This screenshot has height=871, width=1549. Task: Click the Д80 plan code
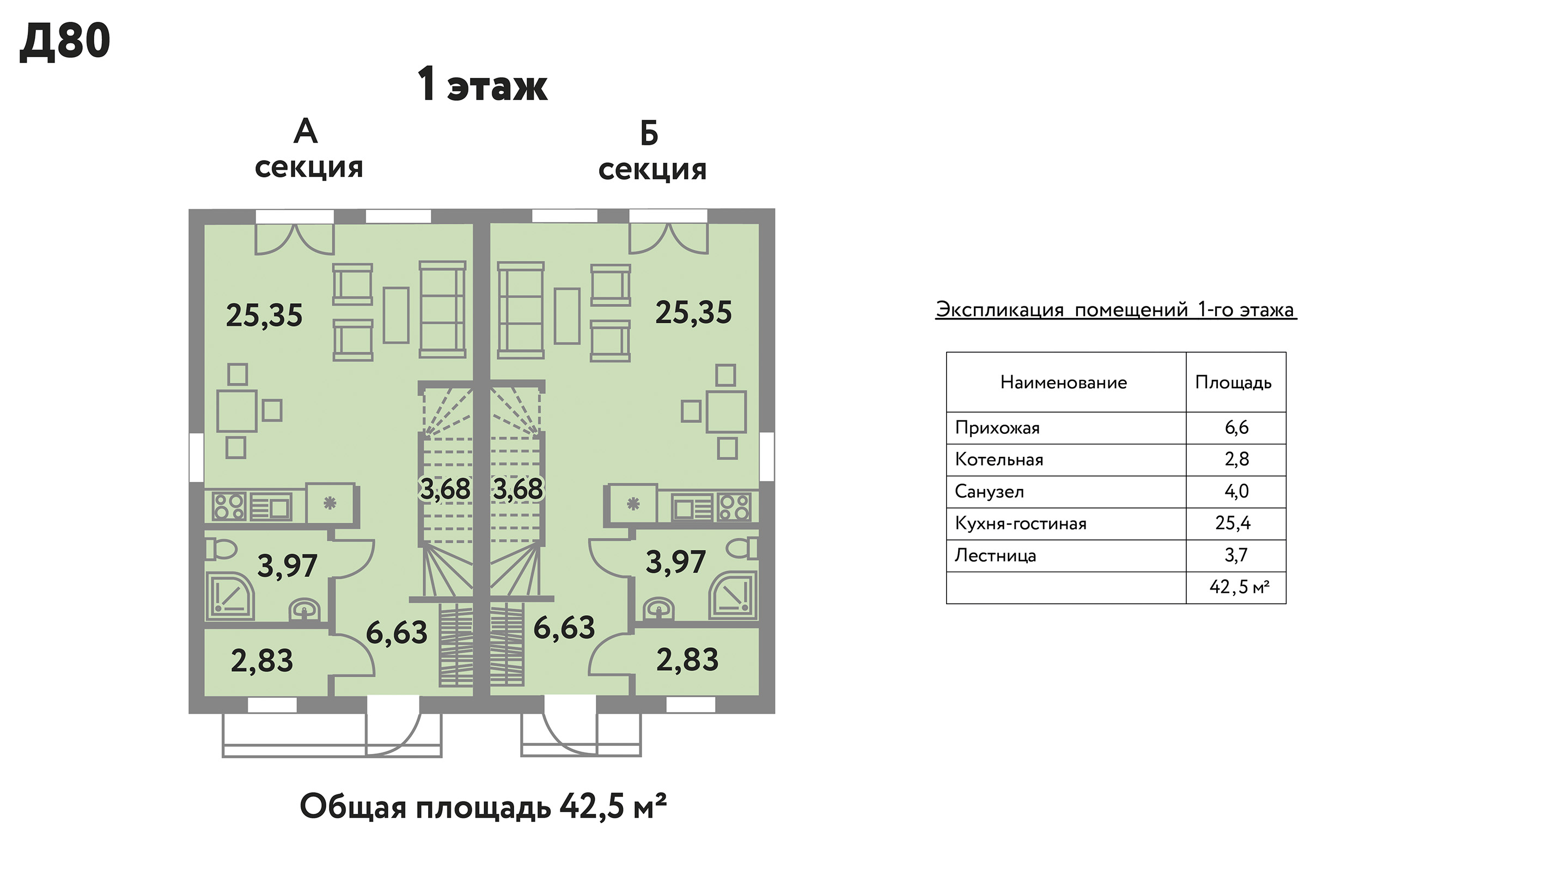click(65, 41)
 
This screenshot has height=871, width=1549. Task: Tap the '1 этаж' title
click(482, 85)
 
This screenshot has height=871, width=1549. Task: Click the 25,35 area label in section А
click(264, 316)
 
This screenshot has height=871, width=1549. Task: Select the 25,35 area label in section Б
click(693, 313)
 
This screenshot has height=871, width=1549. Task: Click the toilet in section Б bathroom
click(742, 548)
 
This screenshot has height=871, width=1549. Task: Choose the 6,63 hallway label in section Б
click(564, 628)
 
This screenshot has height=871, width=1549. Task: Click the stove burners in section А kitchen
click(229, 507)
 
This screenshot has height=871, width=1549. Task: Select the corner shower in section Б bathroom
click(734, 596)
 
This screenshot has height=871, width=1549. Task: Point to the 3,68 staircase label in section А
click(445, 489)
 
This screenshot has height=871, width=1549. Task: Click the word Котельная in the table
click(999, 460)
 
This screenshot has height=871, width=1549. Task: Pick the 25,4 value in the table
click(1233, 524)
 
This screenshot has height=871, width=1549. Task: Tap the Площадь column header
click(1233, 383)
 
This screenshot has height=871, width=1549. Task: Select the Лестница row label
click(995, 555)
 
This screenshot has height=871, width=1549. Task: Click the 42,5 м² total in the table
click(1239, 587)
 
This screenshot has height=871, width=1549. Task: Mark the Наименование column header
click(1064, 382)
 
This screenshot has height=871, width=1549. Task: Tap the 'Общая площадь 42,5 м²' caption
click(484, 807)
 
